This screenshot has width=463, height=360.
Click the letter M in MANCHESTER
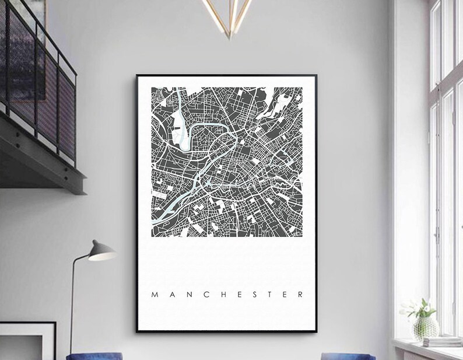pyautogui.click(x=155, y=295)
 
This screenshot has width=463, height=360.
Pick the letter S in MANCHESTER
pyautogui.click(x=254, y=295)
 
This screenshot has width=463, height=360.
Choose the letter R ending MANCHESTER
pyautogui.click(x=300, y=295)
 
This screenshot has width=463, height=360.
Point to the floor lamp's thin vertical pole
pyautogui.click(x=72, y=303)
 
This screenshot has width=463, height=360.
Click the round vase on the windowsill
pyautogui.click(x=426, y=328)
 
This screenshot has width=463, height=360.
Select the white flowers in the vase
pyautogui.click(x=419, y=307)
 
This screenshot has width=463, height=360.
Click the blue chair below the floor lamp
pyautogui.click(x=94, y=356)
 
